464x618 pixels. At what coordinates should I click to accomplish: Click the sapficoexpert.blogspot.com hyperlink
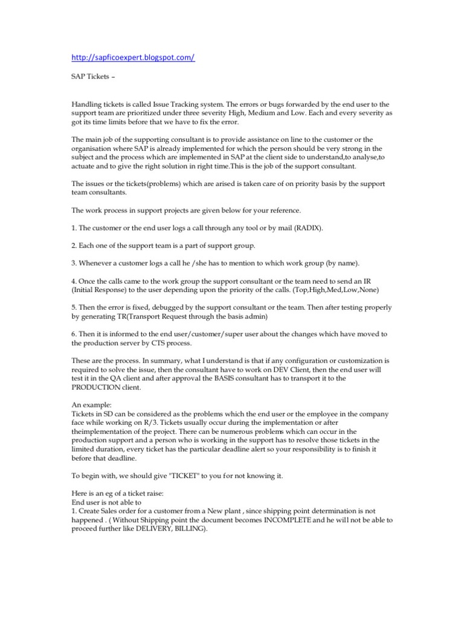click(x=133, y=57)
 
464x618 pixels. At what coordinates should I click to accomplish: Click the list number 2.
click(x=74, y=246)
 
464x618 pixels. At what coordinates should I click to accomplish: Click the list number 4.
click(x=74, y=281)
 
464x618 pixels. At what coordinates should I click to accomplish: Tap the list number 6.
click(x=74, y=334)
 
